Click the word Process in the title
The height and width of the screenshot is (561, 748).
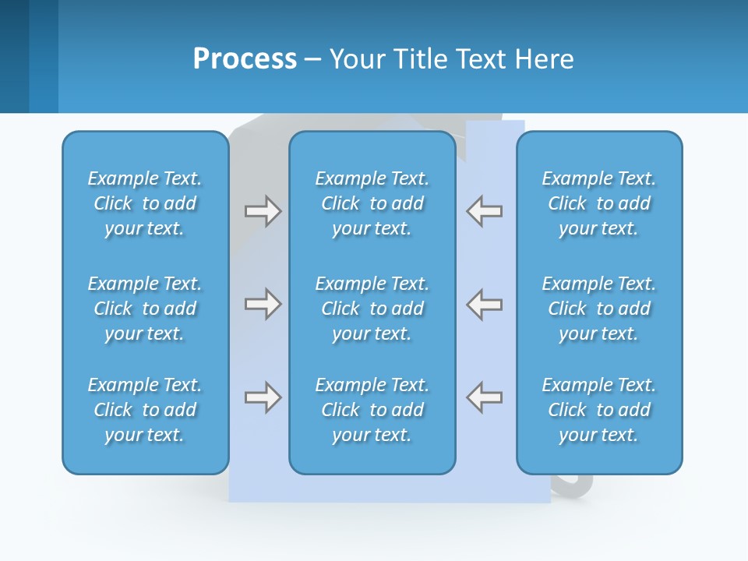point(245,59)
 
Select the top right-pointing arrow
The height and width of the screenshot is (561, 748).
point(263,211)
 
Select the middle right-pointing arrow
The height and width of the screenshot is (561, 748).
point(263,304)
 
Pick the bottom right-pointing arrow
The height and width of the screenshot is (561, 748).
point(263,397)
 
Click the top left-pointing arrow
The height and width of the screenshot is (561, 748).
point(485,211)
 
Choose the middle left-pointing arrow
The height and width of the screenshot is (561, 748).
point(485,304)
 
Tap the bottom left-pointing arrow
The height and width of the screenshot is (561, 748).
point(485,397)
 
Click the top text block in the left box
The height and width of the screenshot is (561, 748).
point(145,203)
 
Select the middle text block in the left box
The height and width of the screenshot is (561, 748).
point(145,309)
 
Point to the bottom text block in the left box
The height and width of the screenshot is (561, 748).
point(145,410)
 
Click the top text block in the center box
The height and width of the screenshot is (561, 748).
point(372,203)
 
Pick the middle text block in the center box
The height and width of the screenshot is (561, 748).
point(372,309)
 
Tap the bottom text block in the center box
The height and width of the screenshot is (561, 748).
point(372,410)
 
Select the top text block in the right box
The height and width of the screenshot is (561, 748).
point(599,203)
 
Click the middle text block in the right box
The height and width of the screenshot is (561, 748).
point(599,309)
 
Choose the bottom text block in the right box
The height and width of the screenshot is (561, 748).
point(599,410)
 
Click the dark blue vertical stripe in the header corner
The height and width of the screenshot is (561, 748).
point(14,56)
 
